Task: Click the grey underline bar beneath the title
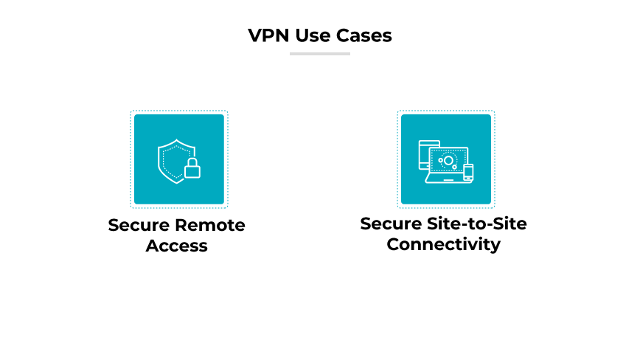319,53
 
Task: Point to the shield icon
175,160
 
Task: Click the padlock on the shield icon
192,170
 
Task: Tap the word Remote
209,225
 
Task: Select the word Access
177,246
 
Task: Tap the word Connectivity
444,245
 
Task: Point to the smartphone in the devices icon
467,173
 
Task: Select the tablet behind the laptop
425,151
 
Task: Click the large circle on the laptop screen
448,161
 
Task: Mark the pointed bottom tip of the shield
174,183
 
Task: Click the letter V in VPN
255,35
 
